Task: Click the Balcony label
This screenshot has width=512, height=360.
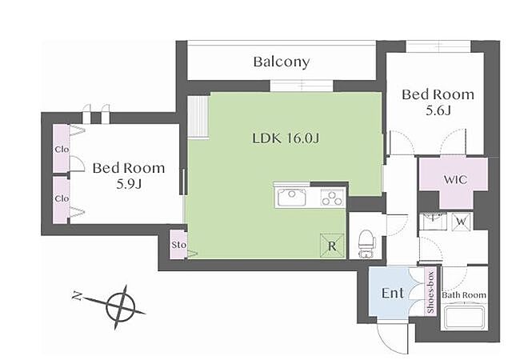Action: click(282, 62)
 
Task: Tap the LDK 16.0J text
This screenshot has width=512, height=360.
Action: click(286, 138)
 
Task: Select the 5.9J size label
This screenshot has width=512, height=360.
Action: click(129, 185)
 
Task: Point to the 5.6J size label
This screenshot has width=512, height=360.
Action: click(438, 111)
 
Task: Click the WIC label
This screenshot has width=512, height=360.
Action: click(455, 179)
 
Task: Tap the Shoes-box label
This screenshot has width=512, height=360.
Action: click(430, 292)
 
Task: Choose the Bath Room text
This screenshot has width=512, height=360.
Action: click(464, 295)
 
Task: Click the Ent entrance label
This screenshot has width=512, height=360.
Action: click(393, 293)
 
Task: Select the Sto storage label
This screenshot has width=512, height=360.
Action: click(178, 245)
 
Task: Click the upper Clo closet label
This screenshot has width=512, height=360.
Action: click(62, 150)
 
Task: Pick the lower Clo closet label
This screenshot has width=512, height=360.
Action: click(62, 198)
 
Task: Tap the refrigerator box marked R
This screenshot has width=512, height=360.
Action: click(332, 246)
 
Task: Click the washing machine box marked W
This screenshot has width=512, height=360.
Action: click(461, 222)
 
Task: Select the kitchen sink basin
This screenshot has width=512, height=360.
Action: click(292, 198)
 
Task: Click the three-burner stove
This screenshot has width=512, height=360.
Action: click(333, 198)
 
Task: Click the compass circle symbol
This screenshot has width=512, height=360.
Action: click(121, 307)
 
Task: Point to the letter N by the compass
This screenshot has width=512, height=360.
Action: click(78, 296)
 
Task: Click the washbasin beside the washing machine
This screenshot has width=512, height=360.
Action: click(434, 222)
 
